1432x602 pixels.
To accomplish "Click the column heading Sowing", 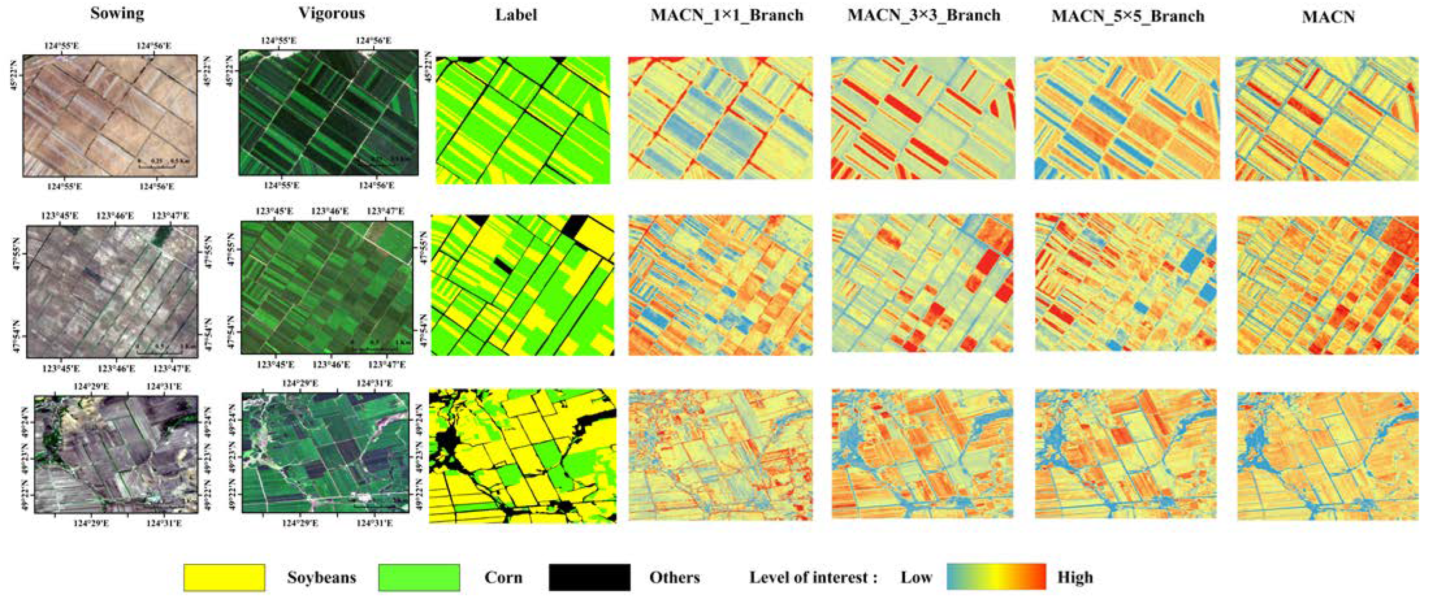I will point(117,13).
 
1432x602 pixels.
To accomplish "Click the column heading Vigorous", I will point(332,13).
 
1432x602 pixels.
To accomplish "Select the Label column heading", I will point(516,14).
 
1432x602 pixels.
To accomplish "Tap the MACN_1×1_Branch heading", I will point(726,15).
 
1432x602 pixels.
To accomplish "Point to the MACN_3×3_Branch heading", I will point(924,15).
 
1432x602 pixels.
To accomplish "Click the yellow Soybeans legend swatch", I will point(224,577).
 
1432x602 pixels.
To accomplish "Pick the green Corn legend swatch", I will point(419,577).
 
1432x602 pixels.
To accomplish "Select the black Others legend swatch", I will point(589,577).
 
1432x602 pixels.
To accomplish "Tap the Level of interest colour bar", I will point(996,577).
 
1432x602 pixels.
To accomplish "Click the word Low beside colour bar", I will point(916,577).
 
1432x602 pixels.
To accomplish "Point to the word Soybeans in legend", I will point(321,577).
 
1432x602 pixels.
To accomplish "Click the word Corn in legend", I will point(503,577).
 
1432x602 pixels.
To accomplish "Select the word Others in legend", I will point(674,577).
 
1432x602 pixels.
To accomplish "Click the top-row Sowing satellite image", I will point(110,116).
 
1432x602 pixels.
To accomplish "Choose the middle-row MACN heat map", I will point(1327,284).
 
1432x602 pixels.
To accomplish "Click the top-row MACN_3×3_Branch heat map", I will point(923,118).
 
